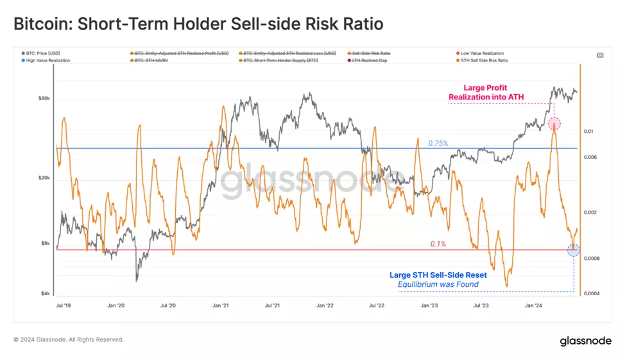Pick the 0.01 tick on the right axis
click(589, 131)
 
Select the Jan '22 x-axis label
click(325, 306)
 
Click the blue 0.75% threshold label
click(438, 143)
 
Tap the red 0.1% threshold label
click(438, 244)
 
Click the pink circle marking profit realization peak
click(554, 124)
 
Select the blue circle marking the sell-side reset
click(574, 250)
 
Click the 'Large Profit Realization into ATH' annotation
click(485, 92)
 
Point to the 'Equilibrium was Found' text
click(438, 284)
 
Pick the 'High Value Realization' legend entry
click(48, 60)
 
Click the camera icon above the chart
click(600, 55)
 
